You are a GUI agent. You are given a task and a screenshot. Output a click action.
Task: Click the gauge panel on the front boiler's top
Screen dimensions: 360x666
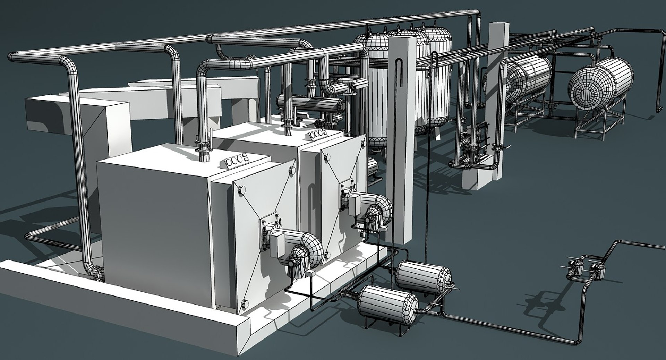(x=236, y=161)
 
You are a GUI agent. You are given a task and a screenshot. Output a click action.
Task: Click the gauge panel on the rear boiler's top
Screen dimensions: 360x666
(x=316, y=134)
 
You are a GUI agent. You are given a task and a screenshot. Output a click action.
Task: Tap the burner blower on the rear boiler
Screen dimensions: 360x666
(x=376, y=212)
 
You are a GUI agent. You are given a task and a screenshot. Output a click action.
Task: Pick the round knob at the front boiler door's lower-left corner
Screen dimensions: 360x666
(x=245, y=303)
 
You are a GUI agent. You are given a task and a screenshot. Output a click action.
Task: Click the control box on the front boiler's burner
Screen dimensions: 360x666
(x=277, y=243)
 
